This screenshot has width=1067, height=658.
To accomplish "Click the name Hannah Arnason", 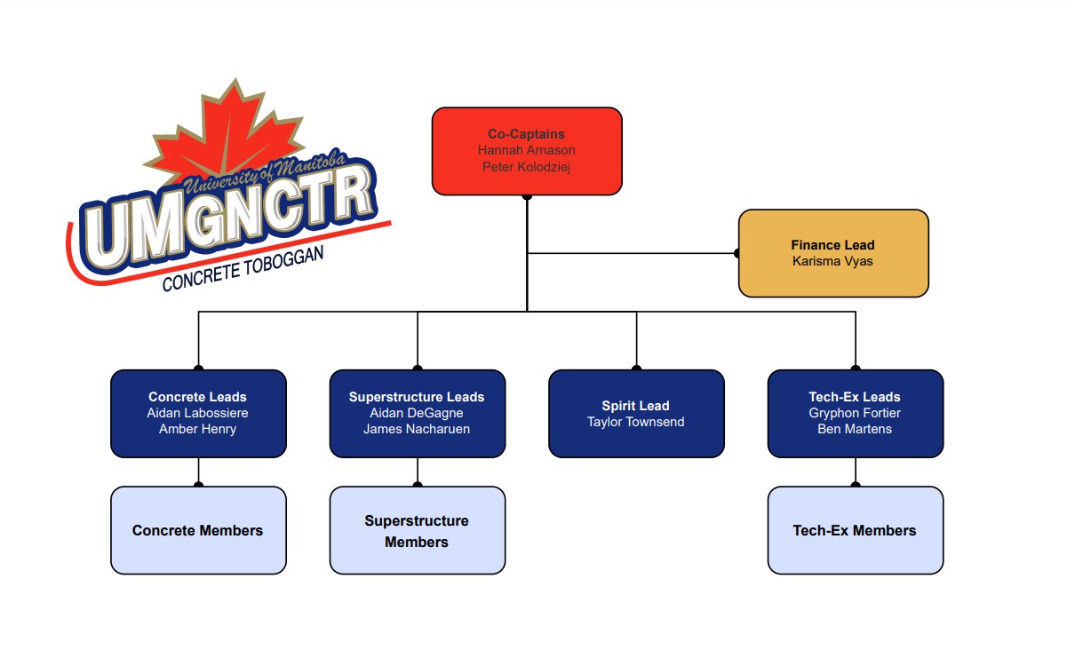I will click(526, 150).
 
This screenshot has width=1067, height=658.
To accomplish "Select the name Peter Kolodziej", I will click(526, 166).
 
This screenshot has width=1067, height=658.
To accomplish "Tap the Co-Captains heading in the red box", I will click(526, 134).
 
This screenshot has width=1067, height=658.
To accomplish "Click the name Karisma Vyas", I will click(832, 261).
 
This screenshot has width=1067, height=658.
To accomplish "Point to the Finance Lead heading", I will click(832, 245).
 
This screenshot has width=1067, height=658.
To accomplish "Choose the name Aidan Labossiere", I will click(197, 413).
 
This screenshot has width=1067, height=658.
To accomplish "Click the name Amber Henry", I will click(197, 429).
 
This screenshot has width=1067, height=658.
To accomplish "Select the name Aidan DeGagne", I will click(417, 413).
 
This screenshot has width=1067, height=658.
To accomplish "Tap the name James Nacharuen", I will click(417, 429).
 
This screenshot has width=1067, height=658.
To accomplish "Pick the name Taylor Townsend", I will click(635, 422).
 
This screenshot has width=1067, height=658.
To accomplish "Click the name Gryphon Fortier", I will click(855, 413).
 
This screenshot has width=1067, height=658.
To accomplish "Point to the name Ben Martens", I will click(855, 429).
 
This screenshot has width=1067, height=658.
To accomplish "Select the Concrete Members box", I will click(198, 530).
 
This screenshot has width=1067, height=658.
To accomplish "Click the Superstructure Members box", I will click(417, 531).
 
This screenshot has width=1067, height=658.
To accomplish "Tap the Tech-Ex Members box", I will click(855, 530).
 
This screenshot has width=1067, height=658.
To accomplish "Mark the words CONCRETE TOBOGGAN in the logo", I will click(243, 269).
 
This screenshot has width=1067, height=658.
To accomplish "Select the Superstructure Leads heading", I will click(417, 397).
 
